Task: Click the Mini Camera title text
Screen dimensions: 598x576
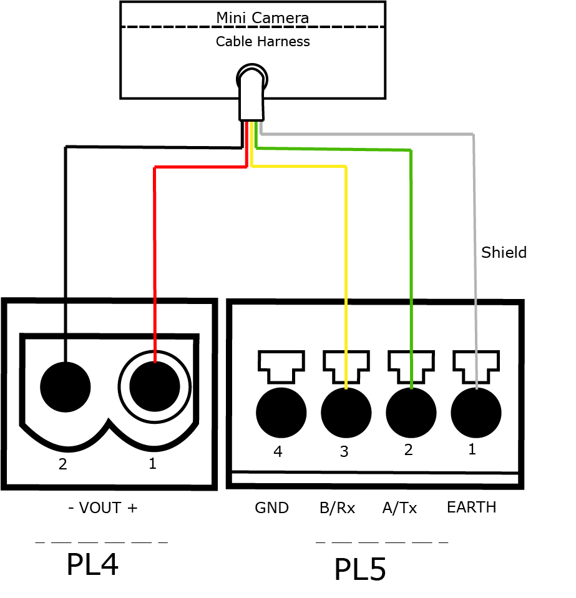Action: [x=262, y=17]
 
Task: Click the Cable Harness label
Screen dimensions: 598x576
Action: [x=263, y=42]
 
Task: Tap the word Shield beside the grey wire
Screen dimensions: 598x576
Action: [x=504, y=252]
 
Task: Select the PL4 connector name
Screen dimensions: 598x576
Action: [x=92, y=565]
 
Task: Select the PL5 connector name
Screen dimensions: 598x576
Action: [x=360, y=570]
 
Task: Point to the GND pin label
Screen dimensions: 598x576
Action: [x=271, y=508]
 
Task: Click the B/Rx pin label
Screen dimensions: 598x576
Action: [x=337, y=508]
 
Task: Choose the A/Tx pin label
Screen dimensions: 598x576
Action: [x=399, y=508]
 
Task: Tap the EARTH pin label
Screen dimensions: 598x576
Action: [x=471, y=507]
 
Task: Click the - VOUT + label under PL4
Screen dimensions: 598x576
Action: [x=102, y=508]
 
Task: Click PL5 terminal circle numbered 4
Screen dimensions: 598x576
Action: [x=281, y=413]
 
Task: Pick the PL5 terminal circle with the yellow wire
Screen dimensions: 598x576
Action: [x=346, y=413]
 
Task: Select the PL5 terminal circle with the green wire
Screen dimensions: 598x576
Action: [x=411, y=413]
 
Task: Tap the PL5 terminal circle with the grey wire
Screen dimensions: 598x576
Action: [x=476, y=413]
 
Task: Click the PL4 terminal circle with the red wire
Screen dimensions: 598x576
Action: [x=154, y=387]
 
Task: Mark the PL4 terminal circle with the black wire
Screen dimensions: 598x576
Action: [x=65, y=387]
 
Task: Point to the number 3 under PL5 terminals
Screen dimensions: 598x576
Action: [x=344, y=451]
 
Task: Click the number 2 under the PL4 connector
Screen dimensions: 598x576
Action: [x=62, y=464]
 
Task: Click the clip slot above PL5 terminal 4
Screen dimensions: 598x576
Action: [x=281, y=365]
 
